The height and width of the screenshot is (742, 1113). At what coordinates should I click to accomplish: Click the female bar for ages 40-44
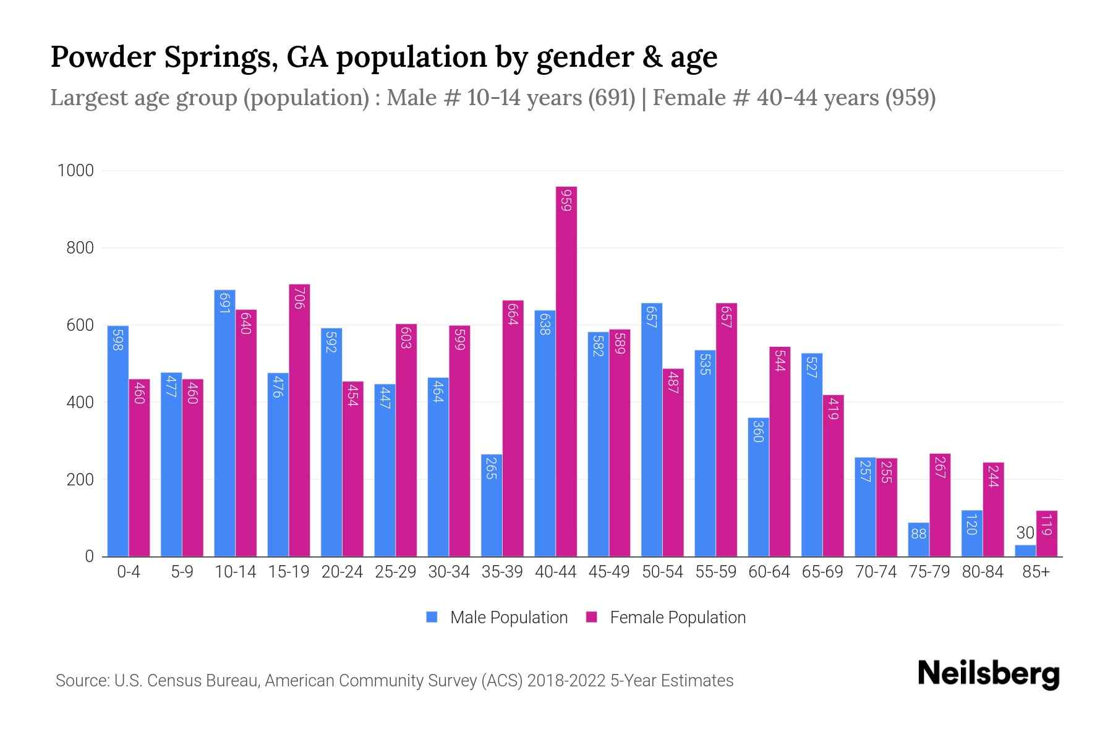(566, 371)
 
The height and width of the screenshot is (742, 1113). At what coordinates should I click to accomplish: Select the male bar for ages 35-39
(492, 505)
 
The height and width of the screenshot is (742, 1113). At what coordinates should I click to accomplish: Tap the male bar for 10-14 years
(224, 423)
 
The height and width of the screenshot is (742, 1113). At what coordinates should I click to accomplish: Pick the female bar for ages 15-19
(299, 420)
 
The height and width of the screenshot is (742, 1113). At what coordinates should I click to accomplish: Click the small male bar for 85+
(1025, 550)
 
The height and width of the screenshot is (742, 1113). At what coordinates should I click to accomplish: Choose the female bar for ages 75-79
(940, 505)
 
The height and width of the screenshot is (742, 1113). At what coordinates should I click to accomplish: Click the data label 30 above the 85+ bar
(1025, 533)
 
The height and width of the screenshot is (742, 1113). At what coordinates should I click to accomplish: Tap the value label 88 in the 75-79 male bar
(918, 533)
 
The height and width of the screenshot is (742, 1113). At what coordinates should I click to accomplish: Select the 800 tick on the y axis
(80, 248)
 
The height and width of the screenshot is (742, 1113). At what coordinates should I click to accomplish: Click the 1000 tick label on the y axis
(75, 171)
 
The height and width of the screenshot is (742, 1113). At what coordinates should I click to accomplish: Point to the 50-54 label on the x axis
(662, 572)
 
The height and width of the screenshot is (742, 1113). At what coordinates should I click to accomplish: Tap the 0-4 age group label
(129, 572)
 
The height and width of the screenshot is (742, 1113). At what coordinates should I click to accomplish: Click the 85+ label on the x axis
(1036, 572)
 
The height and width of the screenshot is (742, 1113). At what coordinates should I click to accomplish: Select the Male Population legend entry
(508, 618)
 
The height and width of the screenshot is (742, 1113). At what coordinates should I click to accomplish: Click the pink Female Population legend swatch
(592, 617)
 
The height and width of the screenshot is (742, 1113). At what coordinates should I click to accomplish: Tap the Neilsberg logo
(988, 673)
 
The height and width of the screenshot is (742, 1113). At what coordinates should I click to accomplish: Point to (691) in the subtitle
(612, 98)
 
